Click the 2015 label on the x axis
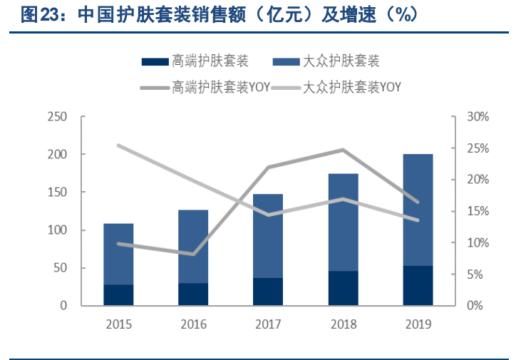coord(118,324)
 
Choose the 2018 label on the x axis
coord(343,324)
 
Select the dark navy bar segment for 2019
coord(418,286)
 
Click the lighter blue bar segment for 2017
coord(268,235)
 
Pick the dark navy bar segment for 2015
coord(118,295)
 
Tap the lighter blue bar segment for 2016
coord(193,246)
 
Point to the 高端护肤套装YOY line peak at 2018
coord(343,150)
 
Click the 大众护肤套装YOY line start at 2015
coord(118,145)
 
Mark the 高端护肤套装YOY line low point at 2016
coord(193,254)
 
